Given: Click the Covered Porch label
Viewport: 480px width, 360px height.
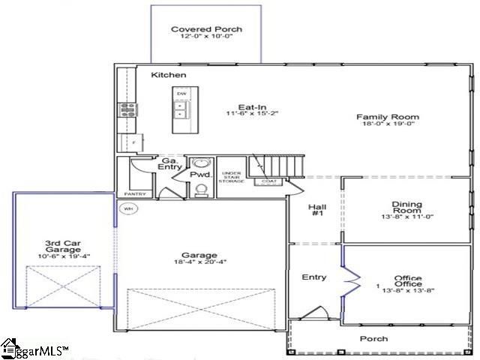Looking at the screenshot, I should tap(206, 30).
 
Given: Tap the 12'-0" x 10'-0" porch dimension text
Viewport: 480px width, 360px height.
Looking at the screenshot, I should tap(206, 38).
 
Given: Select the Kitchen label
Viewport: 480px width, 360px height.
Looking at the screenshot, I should tap(169, 75).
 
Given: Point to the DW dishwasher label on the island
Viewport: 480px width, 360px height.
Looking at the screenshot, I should tap(181, 93).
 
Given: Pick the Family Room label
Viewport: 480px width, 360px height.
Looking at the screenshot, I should tap(387, 117).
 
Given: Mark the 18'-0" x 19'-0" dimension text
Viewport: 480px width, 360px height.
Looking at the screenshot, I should tap(387, 126).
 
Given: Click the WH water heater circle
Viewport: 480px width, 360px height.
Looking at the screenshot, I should tap(127, 208).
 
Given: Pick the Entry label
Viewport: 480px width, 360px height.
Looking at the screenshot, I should tap(314, 277).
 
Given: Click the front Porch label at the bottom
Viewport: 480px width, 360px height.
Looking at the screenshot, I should tap(373, 339).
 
